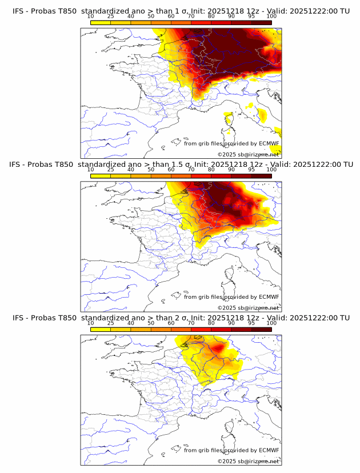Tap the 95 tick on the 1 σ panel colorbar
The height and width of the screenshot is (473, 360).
tap(251, 16)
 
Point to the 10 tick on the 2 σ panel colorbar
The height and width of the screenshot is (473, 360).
tap(91, 323)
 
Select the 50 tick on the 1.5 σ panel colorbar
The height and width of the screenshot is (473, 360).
tap(151, 170)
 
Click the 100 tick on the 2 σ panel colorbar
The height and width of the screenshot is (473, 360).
tap(271, 323)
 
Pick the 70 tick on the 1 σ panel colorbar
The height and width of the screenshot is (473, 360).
tap(191, 16)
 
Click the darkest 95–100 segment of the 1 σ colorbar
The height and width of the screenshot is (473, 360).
tap(261, 22)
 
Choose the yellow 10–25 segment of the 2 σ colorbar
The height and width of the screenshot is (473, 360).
tap(101, 329)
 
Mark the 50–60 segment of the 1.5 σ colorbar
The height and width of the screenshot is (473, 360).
tap(161, 176)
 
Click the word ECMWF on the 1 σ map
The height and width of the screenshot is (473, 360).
tap(269, 144)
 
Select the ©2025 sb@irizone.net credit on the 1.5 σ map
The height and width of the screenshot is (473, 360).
tap(248, 308)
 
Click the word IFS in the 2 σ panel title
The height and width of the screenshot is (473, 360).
tap(18, 318)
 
